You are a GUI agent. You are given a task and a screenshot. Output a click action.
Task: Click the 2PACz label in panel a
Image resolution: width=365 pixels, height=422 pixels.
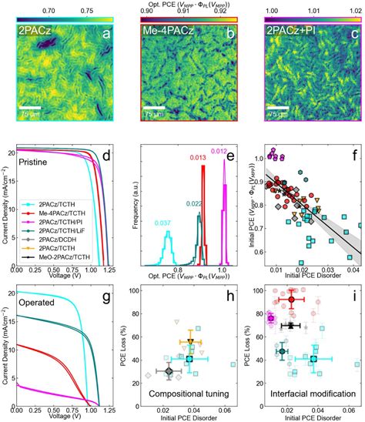click(x=26, y=32)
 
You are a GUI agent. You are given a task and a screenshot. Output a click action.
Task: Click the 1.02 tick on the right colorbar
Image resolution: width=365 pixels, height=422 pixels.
click(x=350, y=12)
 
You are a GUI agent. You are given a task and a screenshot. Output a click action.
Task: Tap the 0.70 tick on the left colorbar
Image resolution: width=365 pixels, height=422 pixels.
click(x=47, y=12)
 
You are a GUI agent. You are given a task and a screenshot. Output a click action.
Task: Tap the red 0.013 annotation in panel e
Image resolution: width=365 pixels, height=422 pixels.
click(x=198, y=179)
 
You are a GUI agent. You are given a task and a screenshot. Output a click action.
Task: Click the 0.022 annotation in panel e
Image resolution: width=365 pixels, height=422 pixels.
click(x=193, y=203)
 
